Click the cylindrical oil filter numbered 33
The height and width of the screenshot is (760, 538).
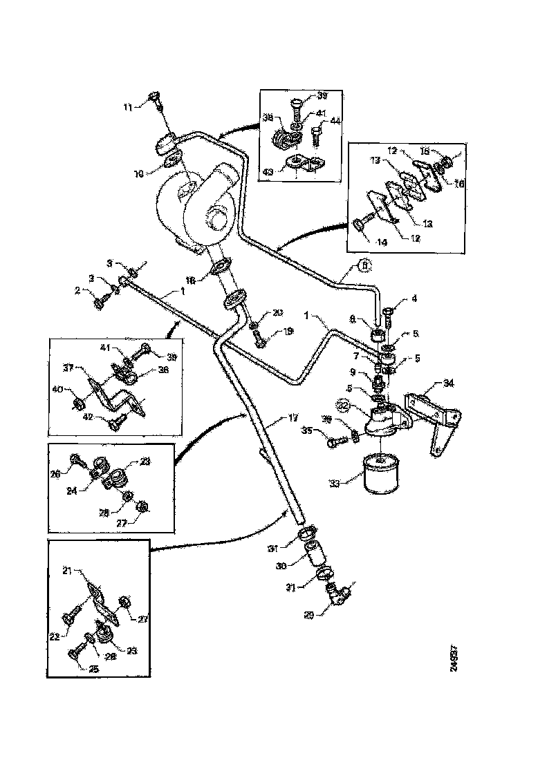(x=380, y=473)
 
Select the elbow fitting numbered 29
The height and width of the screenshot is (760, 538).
(x=337, y=594)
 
